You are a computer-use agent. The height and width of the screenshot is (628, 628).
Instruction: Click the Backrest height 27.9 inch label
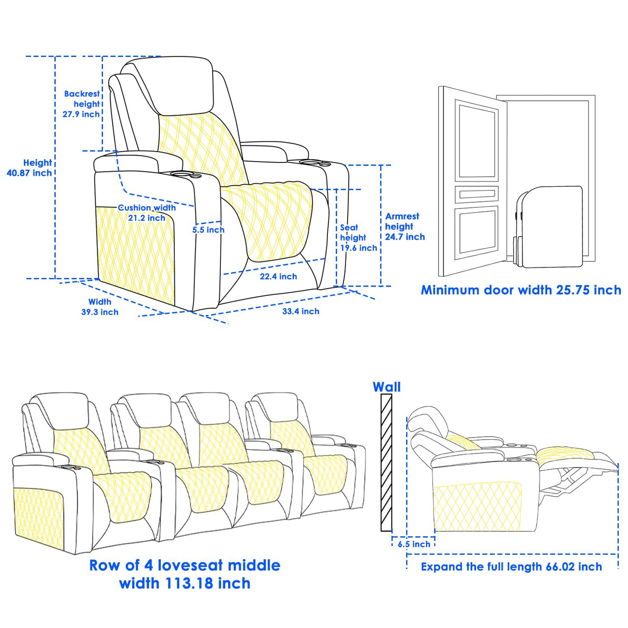82,104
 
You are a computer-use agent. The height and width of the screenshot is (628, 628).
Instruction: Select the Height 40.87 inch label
29,168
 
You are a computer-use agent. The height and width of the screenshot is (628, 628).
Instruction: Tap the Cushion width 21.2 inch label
147,213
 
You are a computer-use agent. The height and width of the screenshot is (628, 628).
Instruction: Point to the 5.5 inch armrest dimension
208,230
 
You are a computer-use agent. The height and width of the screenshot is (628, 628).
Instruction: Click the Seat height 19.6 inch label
358,238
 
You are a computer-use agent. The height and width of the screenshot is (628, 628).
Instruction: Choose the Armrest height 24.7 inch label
405,227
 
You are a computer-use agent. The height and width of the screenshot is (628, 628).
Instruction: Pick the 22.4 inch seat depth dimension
278,277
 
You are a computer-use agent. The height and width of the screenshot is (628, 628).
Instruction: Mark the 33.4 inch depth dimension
301,311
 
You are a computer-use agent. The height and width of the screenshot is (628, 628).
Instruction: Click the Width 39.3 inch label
100,307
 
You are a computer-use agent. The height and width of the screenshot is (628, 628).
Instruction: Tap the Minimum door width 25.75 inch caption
521,290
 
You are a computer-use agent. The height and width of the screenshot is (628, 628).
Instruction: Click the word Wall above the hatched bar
386,387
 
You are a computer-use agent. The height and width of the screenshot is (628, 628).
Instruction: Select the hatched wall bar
386,462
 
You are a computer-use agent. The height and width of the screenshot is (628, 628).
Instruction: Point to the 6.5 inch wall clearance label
414,544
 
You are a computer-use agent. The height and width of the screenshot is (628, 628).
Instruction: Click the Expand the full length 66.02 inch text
511,567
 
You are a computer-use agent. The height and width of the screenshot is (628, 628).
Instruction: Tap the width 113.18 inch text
185,584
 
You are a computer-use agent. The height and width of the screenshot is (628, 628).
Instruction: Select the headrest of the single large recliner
176,85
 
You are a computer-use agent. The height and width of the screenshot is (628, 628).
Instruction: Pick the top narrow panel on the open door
476,195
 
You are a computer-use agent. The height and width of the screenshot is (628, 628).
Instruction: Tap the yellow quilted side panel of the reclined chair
476,507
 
